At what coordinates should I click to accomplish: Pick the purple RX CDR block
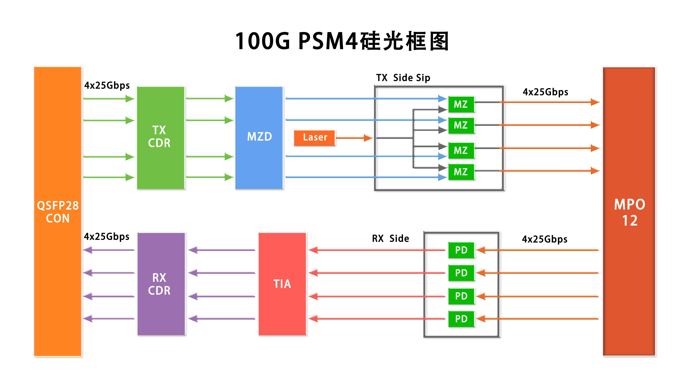pyautogui.click(x=161, y=284)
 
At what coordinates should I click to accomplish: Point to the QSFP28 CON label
pyautogui.click(x=58, y=212)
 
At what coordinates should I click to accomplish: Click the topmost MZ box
pyautogui.click(x=461, y=104)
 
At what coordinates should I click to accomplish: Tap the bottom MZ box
pyautogui.click(x=461, y=172)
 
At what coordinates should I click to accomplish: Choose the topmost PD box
pyautogui.click(x=461, y=250)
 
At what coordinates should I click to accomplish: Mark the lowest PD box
pyautogui.click(x=461, y=319)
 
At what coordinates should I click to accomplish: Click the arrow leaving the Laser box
pyautogui.click(x=354, y=138)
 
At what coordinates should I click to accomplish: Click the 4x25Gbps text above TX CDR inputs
pyautogui.click(x=107, y=85)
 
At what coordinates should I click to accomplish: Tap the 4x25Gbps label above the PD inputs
pyautogui.click(x=545, y=239)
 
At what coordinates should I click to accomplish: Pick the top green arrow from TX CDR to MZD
pyautogui.click(x=210, y=99)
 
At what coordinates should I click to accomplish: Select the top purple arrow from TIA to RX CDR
pyautogui.click(x=222, y=250)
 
